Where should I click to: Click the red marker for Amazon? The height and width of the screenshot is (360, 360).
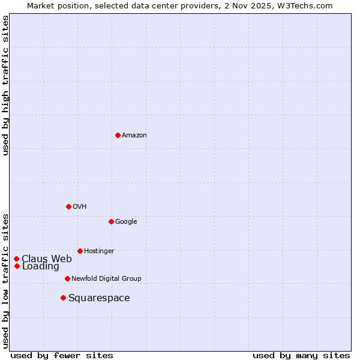click(118, 135)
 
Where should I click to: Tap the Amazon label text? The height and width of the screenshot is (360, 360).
click(134, 135)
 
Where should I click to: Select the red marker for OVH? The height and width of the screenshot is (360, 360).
click(68, 206)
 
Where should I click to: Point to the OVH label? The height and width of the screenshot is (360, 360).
click(80, 206)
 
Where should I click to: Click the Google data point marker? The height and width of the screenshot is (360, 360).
click(111, 221)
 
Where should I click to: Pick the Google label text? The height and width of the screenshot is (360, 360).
click(126, 221)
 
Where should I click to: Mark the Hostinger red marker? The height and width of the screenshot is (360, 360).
click(80, 251)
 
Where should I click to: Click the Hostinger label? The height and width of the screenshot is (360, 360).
click(99, 251)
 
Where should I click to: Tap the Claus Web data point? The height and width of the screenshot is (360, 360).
click(16, 259)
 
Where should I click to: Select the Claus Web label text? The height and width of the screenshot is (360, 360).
click(47, 259)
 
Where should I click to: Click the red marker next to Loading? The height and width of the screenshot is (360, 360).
click(17, 266)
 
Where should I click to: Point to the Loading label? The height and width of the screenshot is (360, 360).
click(41, 266)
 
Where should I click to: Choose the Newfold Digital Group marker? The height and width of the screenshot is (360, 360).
click(67, 278)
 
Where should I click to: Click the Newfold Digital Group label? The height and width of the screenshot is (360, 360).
click(106, 278)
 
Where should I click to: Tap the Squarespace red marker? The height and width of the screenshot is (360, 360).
click(63, 298)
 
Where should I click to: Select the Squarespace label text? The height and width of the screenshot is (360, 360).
click(99, 298)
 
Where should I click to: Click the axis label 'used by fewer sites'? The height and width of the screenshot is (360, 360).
click(62, 355)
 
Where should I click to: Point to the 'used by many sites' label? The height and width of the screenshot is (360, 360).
click(301, 355)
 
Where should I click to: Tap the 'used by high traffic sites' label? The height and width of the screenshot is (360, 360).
click(5, 85)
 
